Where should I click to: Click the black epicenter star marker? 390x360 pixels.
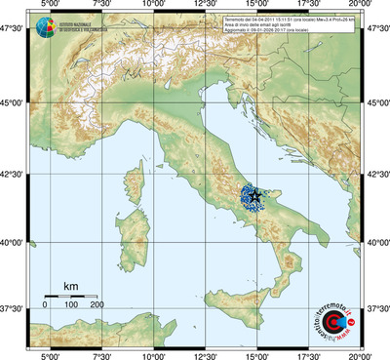(x=255, y=196)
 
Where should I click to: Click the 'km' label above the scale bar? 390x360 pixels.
(x=70, y=286)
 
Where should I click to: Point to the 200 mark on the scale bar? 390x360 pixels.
(x=97, y=305)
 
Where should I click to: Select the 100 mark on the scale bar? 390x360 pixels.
(x=71, y=305)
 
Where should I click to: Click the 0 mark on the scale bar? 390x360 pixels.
(x=45, y=305)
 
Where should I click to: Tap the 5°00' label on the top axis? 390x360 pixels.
(x=48, y=5)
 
